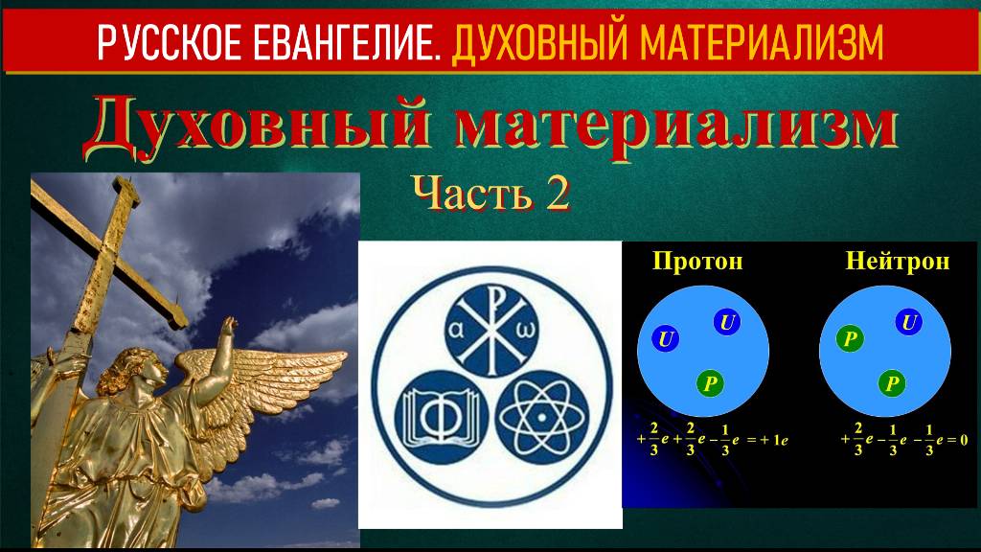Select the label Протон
pyautogui.click(x=697, y=261)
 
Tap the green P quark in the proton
pyautogui.click(x=710, y=383)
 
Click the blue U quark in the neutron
pyautogui.click(x=908, y=323)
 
